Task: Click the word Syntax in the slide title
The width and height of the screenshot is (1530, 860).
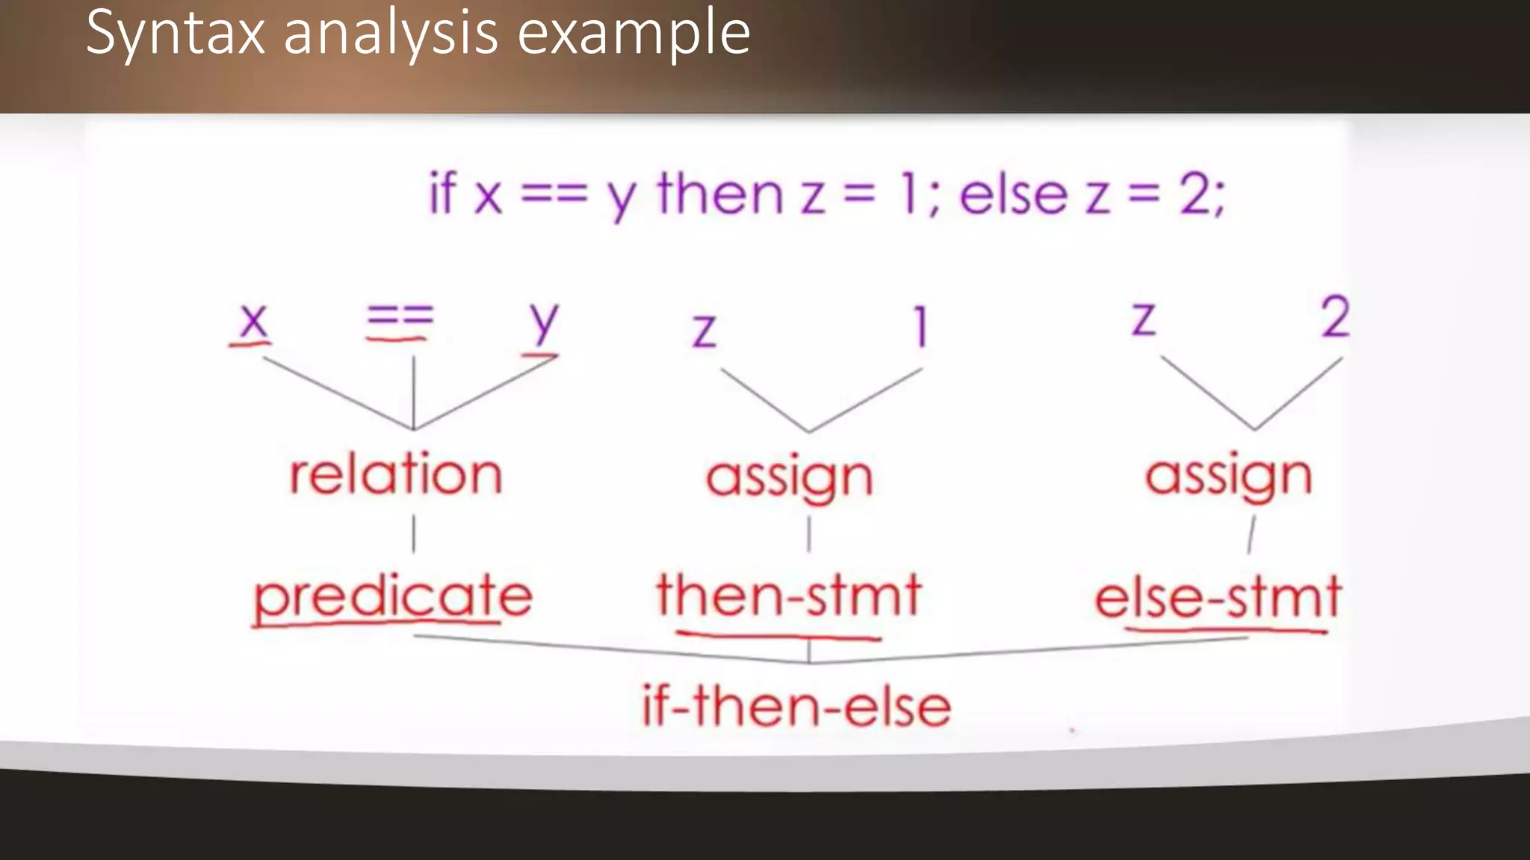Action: (176, 34)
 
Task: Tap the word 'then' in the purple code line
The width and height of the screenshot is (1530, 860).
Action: (719, 193)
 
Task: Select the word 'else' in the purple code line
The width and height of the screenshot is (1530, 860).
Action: (1013, 194)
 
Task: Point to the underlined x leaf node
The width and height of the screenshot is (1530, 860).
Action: (253, 321)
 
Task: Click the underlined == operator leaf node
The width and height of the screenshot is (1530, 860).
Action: (400, 317)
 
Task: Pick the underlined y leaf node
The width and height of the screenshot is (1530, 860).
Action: (543, 322)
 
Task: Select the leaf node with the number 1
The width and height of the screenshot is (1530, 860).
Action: (920, 327)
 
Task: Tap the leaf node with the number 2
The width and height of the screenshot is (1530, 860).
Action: (1335, 317)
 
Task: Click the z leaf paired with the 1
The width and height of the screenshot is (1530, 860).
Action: (704, 329)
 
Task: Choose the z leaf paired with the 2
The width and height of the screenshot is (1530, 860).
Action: (1143, 319)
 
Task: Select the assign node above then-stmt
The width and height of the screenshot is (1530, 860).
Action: (790, 477)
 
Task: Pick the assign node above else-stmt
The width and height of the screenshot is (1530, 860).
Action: (1229, 476)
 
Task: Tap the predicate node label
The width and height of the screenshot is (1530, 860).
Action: (393, 596)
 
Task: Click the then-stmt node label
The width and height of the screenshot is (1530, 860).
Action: (789, 595)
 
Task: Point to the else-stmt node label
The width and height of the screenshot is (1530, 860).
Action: (1218, 597)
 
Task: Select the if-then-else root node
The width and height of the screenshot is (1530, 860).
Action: (796, 706)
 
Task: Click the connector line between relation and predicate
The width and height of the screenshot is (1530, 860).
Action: (414, 535)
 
